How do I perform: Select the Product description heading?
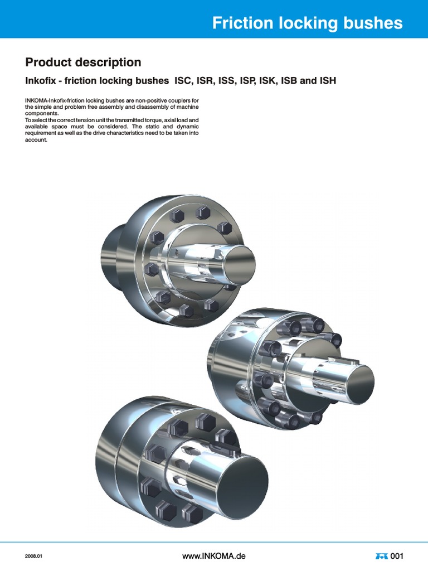coord(83,62)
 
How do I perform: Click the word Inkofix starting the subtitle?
coord(41,81)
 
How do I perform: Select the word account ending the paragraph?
coord(36,140)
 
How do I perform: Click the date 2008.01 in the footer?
coord(34,557)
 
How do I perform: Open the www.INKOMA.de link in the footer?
coord(214,556)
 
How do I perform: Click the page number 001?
coord(397,556)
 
